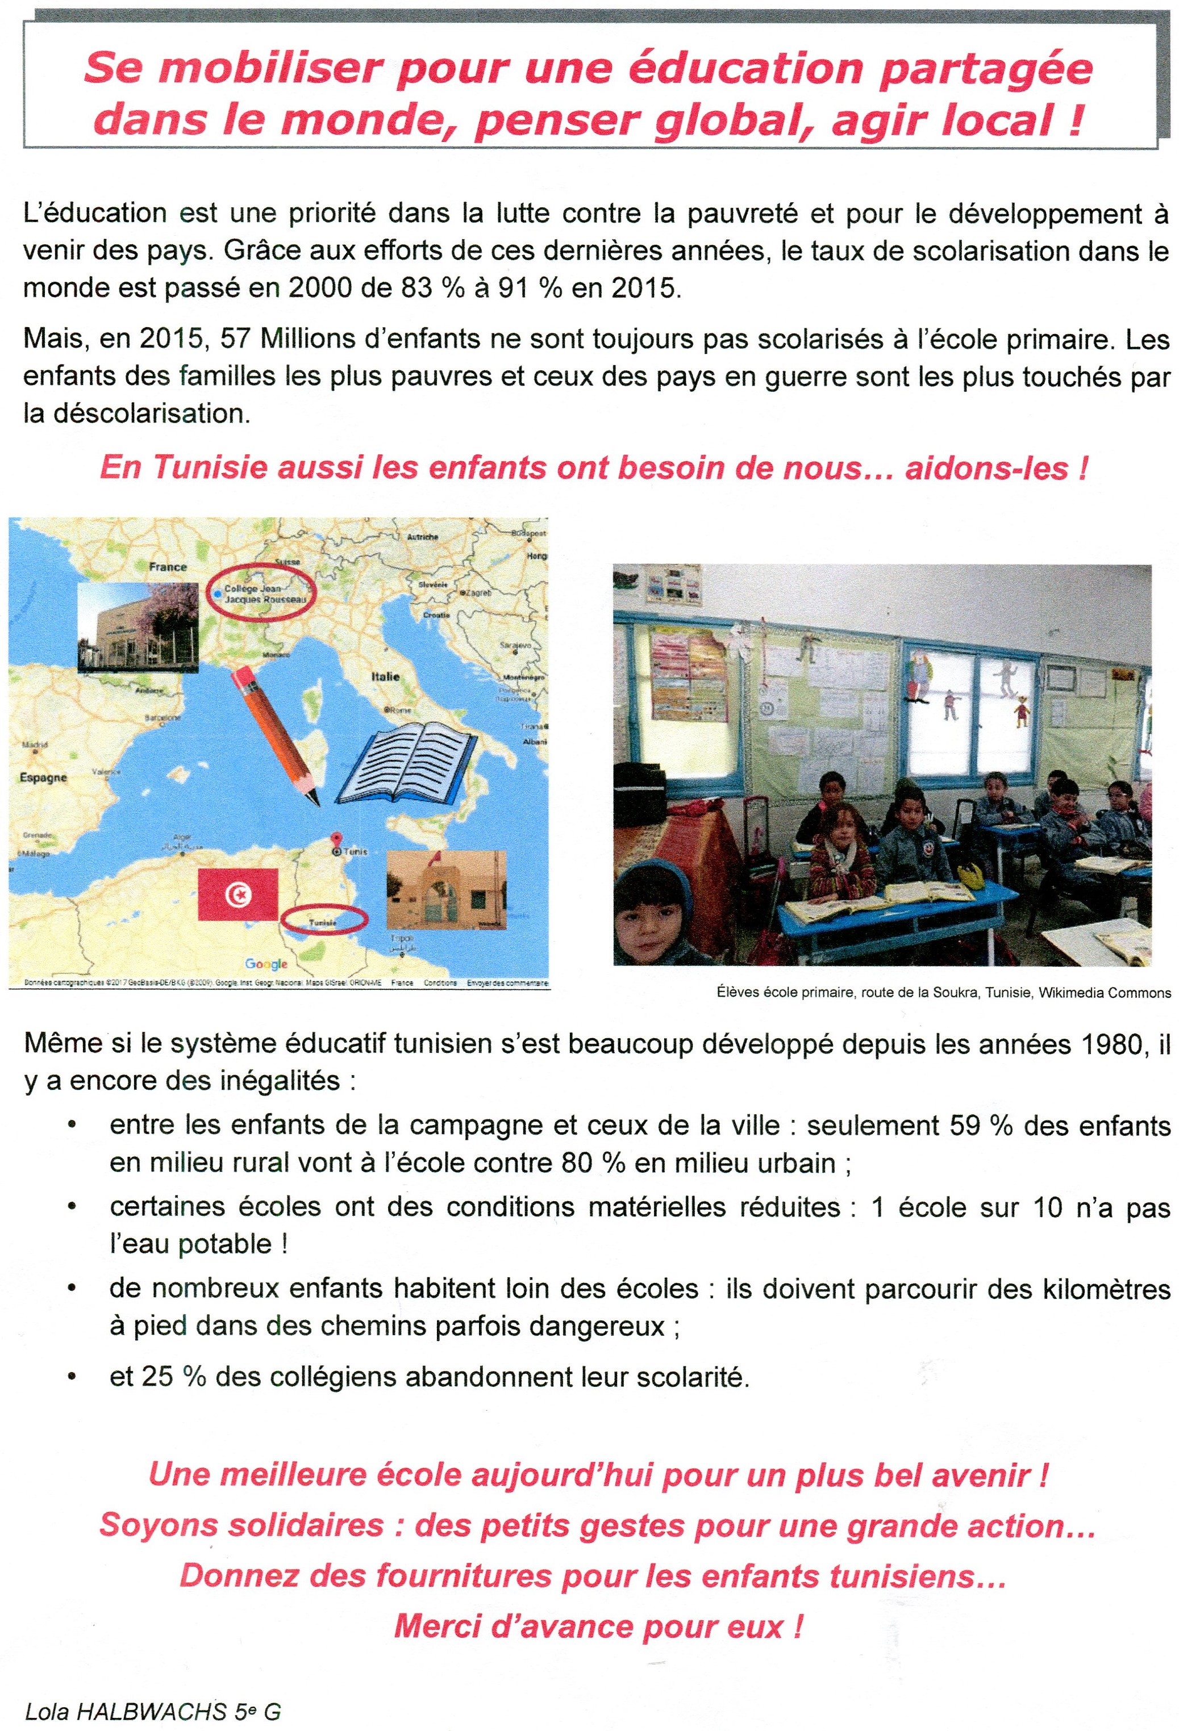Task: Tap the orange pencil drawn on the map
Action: coord(275,734)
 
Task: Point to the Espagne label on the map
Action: coord(43,777)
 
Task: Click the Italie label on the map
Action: coord(385,676)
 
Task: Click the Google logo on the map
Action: coord(266,964)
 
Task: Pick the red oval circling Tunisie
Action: coord(324,921)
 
